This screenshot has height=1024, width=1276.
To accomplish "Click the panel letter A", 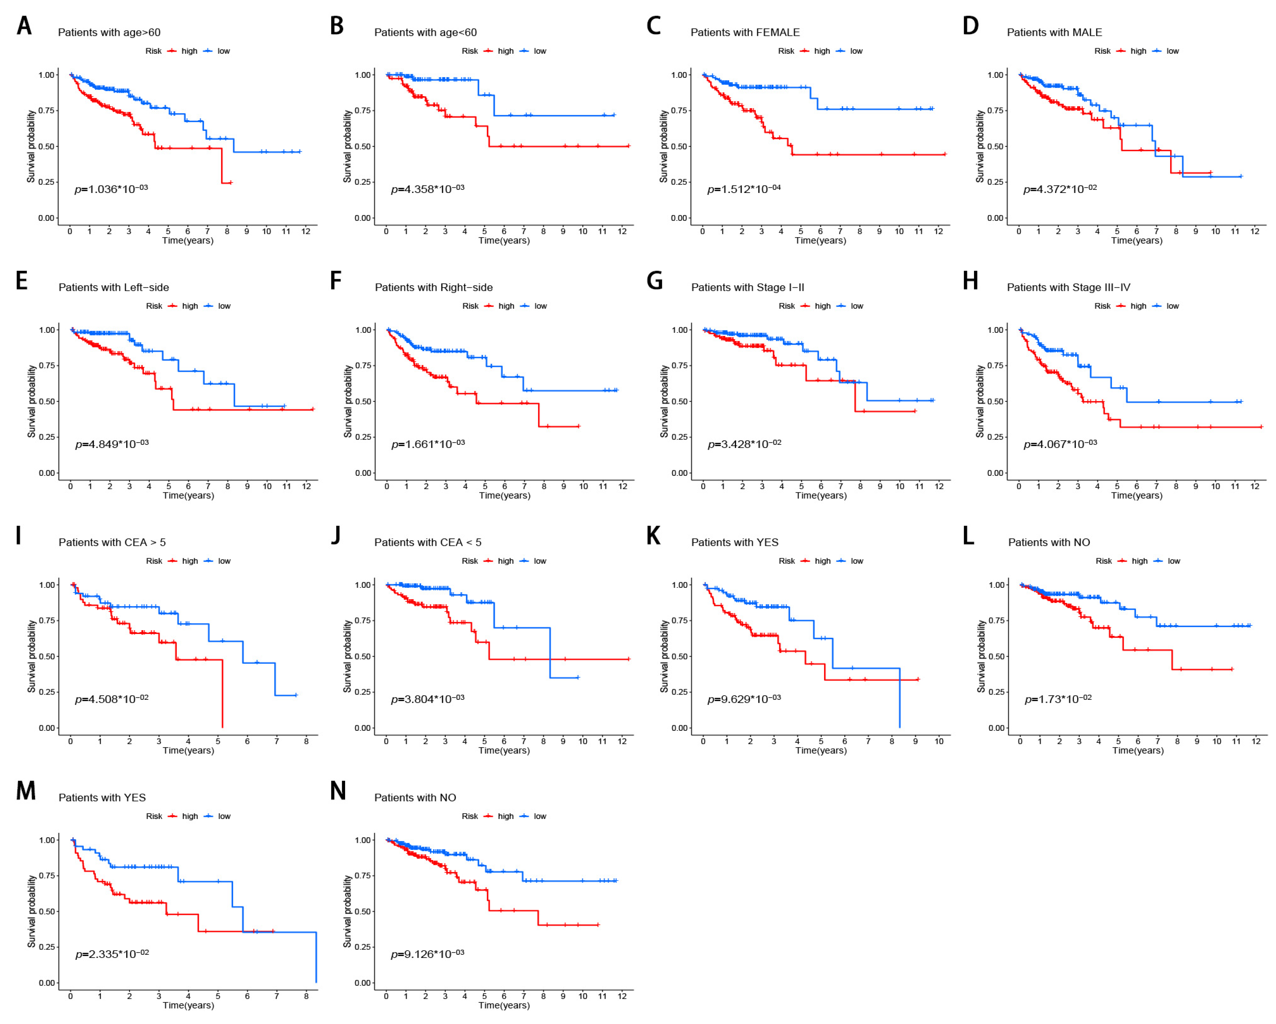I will (24, 26).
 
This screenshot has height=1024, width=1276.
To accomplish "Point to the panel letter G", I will (654, 281).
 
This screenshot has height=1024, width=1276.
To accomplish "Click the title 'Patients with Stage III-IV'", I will (1068, 287).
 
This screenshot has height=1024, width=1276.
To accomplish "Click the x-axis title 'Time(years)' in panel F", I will (504, 496).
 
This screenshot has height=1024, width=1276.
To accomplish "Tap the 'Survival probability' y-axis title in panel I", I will (31, 656).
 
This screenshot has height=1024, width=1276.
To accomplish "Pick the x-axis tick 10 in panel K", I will (939, 741).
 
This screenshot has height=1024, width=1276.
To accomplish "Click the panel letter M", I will (26, 791).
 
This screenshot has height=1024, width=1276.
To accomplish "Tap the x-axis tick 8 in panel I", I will (306, 741).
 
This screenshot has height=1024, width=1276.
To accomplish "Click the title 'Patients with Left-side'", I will (114, 287).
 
